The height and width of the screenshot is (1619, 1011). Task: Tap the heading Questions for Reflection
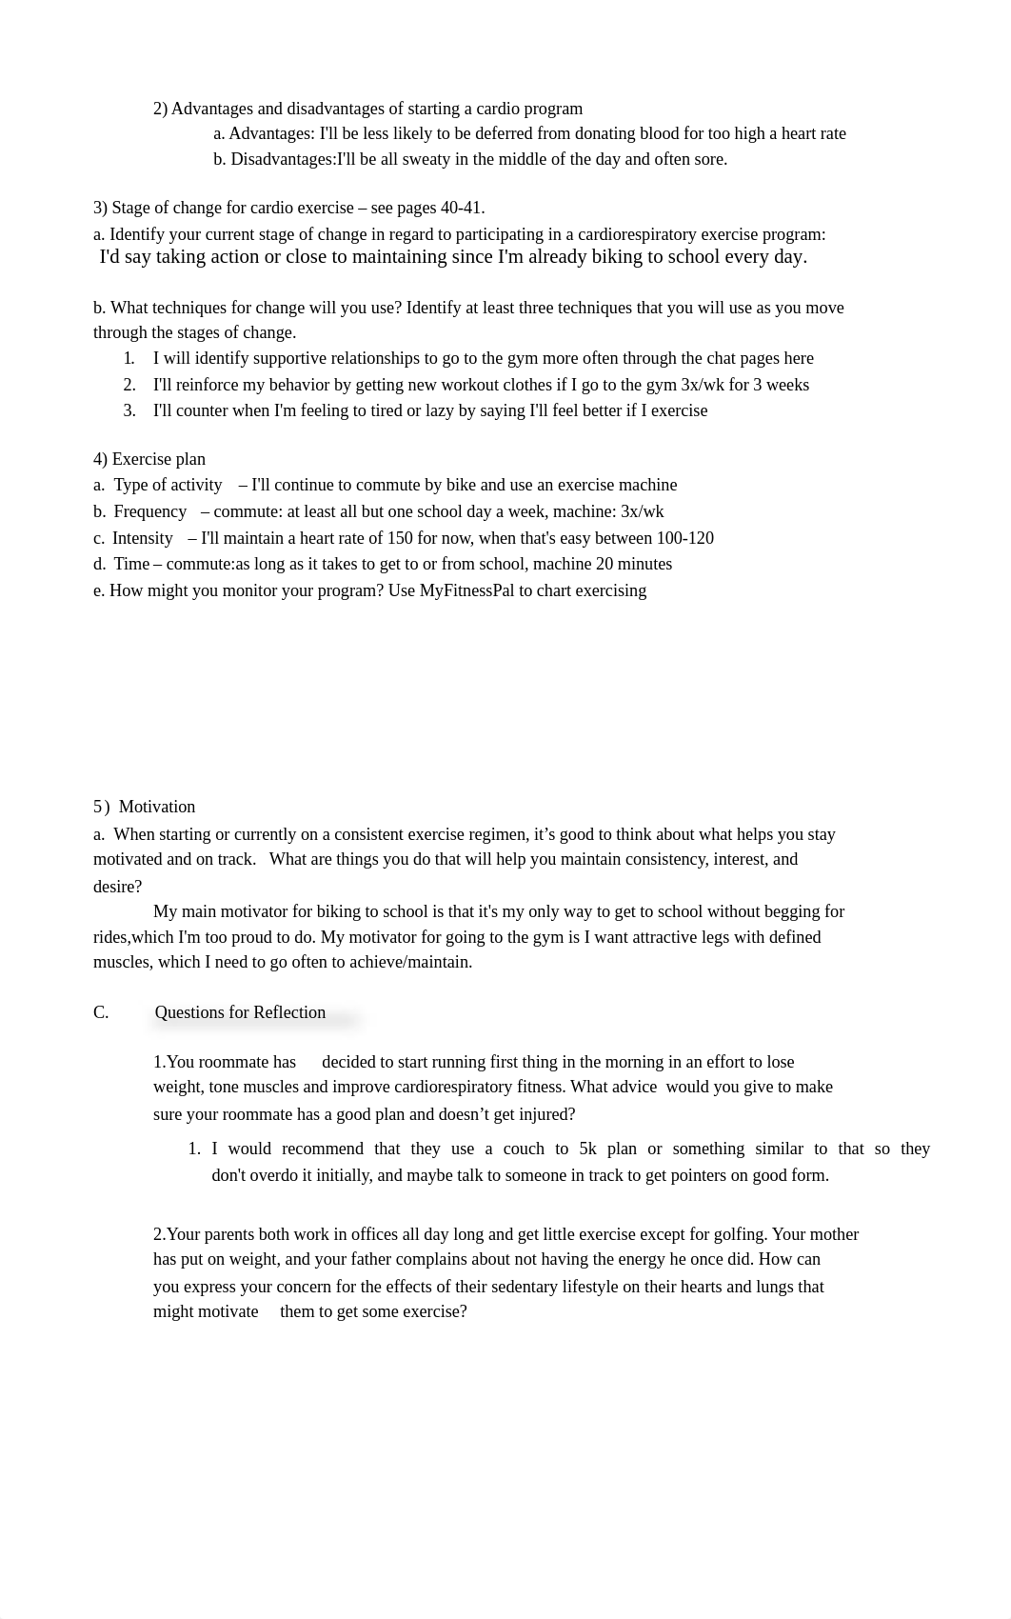coord(240,1012)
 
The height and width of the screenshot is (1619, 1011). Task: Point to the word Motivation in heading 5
coord(157,807)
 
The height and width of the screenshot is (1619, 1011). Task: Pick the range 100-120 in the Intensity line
coord(684,538)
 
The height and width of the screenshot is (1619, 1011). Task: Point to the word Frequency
coord(150,511)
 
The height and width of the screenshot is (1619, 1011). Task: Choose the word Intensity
coord(143,538)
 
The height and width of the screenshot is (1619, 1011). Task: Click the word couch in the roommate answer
coord(524,1149)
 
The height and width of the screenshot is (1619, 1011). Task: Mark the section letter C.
coord(101,1012)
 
